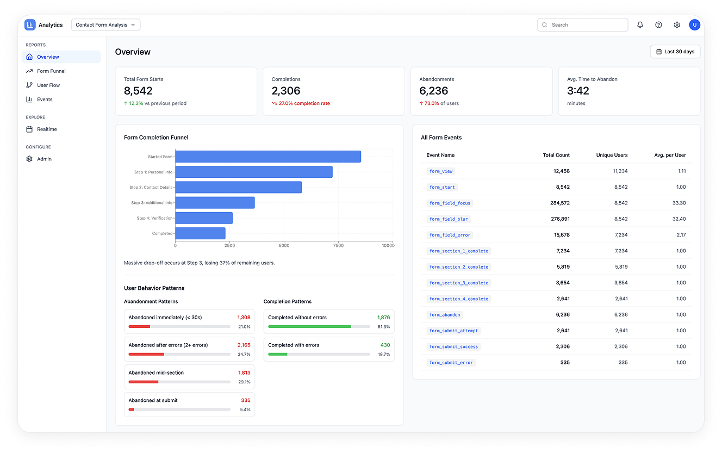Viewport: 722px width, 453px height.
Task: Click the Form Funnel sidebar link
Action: pyautogui.click(x=51, y=71)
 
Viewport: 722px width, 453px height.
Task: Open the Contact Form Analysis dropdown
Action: pyautogui.click(x=105, y=25)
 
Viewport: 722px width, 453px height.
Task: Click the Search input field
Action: pyautogui.click(x=582, y=25)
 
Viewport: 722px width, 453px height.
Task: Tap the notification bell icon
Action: pyautogui.click(x=640, y=25)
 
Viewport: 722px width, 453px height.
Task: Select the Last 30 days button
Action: pyautogui.click(x=675, y=52)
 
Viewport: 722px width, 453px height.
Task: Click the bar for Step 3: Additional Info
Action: pyautogui.click(x=215, y=203)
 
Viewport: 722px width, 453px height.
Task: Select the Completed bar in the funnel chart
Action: pyautogui.click(x=200, y=233)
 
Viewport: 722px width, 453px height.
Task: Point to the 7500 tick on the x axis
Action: pyautogui.click(x=338, y=246)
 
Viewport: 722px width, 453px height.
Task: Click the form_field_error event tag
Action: pyautogui.click(x=450, y=235)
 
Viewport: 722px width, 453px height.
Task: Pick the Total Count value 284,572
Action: pyautogui.click(x=560, y=203)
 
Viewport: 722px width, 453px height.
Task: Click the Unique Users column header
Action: pyautogui.click(x=612, y=155)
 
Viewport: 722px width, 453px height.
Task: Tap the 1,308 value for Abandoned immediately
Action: pyautogui.click(x=244, y=318)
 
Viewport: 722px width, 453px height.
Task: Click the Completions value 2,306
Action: pyautogui.click(x=286, y=91)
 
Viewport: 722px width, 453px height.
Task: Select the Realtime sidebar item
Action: pyautogui.click(x=47, y=129)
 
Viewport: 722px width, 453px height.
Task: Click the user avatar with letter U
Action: pyautogui.click(x=694, y=25)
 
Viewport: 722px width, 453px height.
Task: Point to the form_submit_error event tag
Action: pyautogui.click(x=451, y=363)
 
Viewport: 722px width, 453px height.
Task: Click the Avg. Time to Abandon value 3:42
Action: pyautogui.click(x=578, y=91)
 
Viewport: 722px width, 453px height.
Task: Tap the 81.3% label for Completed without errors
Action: pyautogui.click(x=384, y=327)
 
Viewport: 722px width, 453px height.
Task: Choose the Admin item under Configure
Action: pyautogui.click(x=44, y=159)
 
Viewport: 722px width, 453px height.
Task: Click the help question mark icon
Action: pyautogui.click(x=658, y=25)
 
